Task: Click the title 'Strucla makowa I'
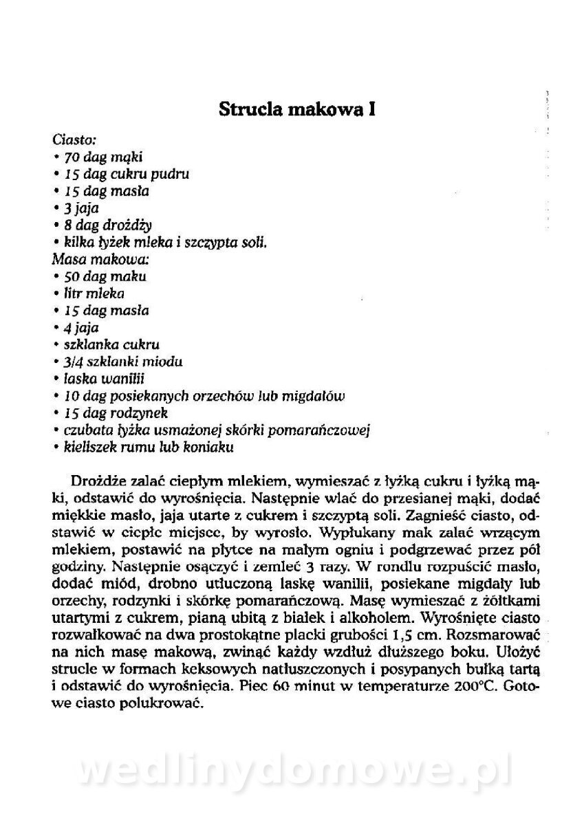tap(296, 111)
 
